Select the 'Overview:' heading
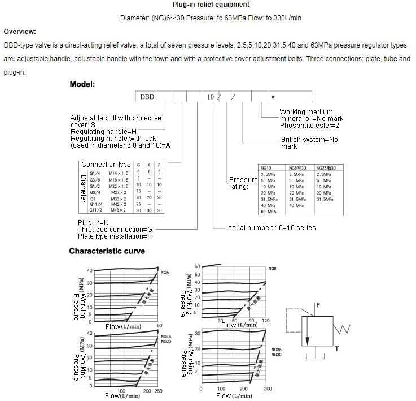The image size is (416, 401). (20, 32)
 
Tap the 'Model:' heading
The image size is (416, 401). (82, 84)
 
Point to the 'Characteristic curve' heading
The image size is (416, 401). (107, 251)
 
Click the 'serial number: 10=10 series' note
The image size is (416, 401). (272, 228)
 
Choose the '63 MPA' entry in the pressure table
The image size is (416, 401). (268, 211)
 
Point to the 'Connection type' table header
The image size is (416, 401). (106, 165)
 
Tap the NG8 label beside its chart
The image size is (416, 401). (272, 268)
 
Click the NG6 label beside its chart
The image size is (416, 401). (165, 273)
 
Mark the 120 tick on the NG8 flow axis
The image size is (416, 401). (265, 321)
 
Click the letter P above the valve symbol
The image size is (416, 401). (318, 305)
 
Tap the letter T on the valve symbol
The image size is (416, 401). (337, 349)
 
